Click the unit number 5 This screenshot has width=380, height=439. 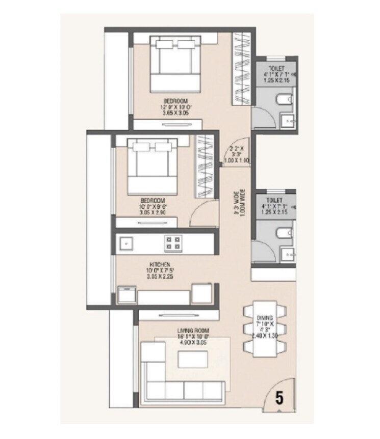(279, 397)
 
